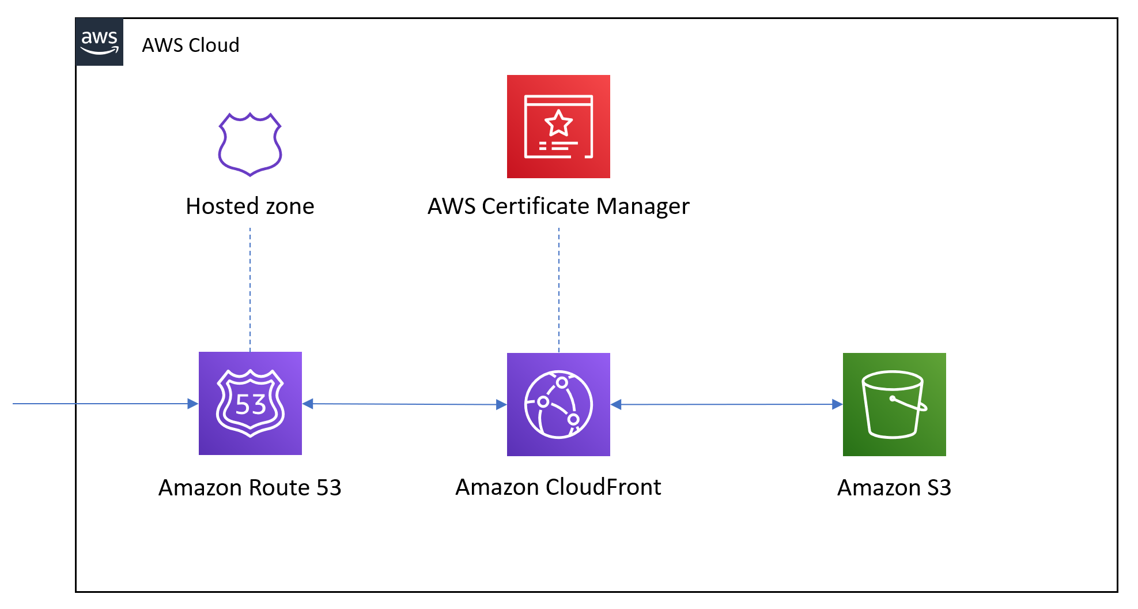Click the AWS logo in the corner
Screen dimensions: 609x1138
tap(99, 42)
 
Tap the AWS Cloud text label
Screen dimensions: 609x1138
tap(190, 45)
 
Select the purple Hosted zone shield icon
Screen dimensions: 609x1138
tap(250, 144)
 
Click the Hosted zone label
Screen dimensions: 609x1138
tap(250, 206)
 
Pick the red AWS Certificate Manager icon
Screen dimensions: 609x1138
tap(558, 126)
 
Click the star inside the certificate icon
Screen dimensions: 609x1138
tap(558, 123)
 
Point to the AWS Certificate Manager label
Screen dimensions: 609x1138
tap(558, 206)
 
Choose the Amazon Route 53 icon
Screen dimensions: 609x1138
tap(250, 403)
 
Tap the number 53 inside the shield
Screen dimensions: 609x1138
tap(251, 404)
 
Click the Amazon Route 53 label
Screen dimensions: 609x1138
tap(250, 488)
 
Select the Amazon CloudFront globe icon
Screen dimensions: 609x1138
tap(558, 404)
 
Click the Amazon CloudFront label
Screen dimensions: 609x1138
tap(558, 487)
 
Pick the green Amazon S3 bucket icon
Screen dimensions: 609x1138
tap(894, 404)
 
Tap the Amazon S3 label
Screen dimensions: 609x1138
tap(894, 488)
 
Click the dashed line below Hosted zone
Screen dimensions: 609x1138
tap(250, 288)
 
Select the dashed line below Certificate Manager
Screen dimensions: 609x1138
tap(559, 288)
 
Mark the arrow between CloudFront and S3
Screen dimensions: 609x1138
tap(726, 405)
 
